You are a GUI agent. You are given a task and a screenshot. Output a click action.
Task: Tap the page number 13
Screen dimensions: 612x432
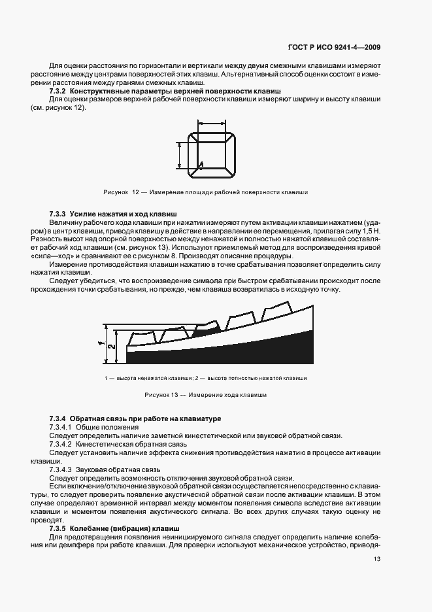(x=378, y=559)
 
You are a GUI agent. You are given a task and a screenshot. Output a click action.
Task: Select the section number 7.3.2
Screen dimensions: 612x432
(x=58, y=91)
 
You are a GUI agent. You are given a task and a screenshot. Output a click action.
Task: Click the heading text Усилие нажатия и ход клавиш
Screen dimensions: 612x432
(x=123, y=214)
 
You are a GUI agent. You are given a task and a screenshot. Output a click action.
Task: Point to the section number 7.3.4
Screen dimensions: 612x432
(x=58, y=418)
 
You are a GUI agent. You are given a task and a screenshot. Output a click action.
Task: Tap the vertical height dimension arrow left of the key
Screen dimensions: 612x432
(x=178, y=156)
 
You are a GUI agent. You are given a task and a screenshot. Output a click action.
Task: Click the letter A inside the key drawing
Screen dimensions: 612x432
(x=201, y=163)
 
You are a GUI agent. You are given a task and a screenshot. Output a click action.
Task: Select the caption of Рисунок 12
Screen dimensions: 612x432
(x=206, y=192)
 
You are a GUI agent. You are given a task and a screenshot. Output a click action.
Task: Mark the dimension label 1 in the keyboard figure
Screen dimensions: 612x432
(x=101, y=343)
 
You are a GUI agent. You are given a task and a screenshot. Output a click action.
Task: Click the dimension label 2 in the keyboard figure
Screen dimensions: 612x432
(x=112, y=348)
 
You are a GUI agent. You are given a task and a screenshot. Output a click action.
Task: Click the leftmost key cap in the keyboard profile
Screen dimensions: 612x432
(x=141, y=337)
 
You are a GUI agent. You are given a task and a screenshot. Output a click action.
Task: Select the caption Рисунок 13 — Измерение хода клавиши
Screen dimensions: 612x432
(x=205, y=395)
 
